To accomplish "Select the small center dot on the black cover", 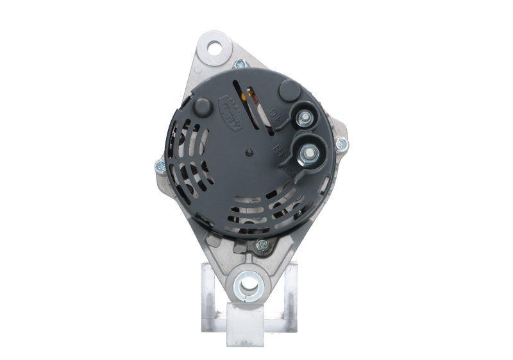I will [x=248, y=152].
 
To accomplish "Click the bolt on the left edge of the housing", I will [x=158, y=167].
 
